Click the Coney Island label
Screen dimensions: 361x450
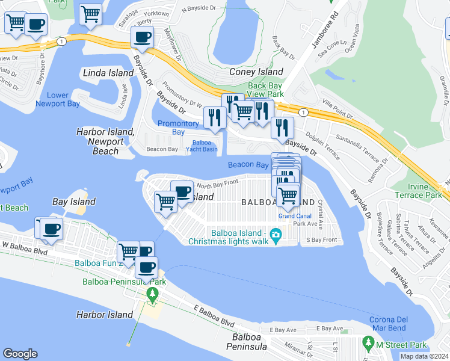(x=256, y=72)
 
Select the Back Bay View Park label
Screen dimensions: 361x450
(x=265, y=90)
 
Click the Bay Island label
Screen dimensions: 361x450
(x=73, y=202)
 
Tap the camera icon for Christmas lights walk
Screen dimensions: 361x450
(x=276, y=233)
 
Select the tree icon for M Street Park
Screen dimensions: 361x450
(x=368, y=344)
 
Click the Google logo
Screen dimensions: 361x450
(x=20, y=353)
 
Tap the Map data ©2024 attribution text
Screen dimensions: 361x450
(x=424, y=356)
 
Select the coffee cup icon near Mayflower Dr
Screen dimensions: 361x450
(x=143, y=37)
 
